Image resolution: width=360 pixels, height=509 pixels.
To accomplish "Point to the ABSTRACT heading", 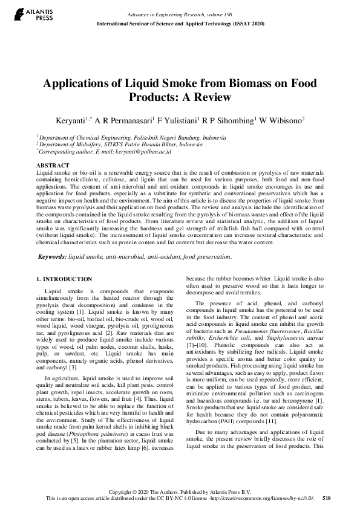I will (53, 164).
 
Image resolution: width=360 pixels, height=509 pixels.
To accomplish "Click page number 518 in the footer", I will (327, 498).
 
